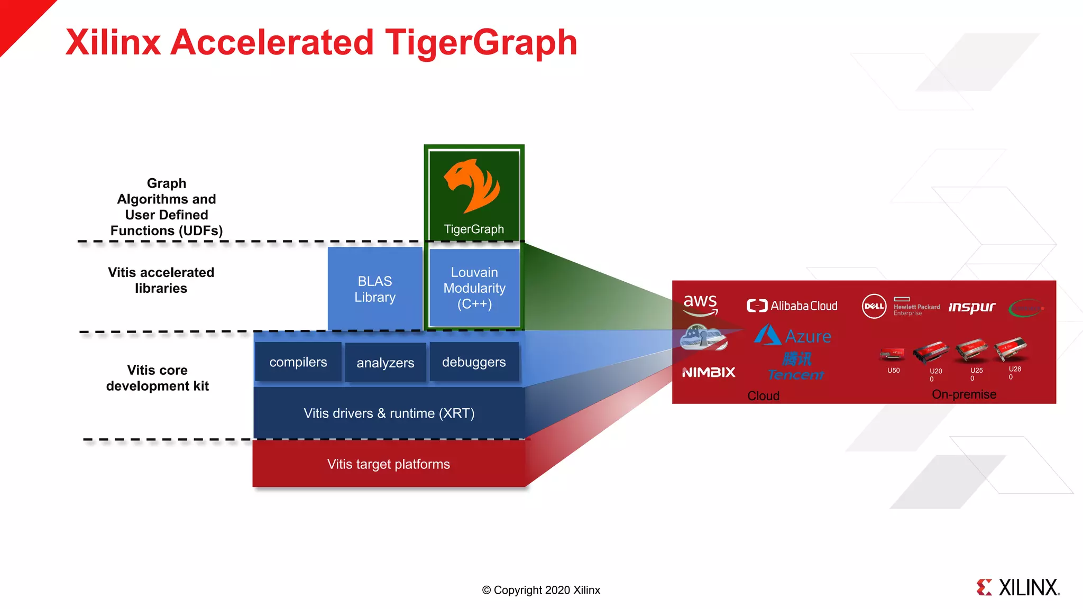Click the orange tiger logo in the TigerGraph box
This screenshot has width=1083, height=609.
(x=472, y=186)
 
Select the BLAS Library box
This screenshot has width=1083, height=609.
(x=375, y=289)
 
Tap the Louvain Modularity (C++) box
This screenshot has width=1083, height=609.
(x=474, y=288)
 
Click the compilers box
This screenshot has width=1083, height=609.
(x=298, y=362)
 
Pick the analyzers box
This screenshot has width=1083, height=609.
(x=385, y=363)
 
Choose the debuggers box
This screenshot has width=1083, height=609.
(x=474, y=362)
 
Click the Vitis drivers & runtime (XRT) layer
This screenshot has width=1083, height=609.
(x=389, y=413)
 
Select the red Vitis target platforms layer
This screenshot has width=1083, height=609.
(x=389, y=464)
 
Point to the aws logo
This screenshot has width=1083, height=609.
(x=700, y=304)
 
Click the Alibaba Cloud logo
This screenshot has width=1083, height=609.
(x=792, y=306)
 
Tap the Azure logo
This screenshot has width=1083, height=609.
(x=793, y=336)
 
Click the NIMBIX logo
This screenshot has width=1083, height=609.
(x=709, y=372)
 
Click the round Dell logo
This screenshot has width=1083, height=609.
(x=874, y=306)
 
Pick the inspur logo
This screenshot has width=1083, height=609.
(x=972, y=307)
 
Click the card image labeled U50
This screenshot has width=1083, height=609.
(x=893, y=354)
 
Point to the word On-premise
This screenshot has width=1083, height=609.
(x=964, y=394)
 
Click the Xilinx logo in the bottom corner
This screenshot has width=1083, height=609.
(x=1018, y=587)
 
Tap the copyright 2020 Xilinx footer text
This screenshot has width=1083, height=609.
(x=541, y=590)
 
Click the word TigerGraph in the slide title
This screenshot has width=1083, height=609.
(x=481, y=42)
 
